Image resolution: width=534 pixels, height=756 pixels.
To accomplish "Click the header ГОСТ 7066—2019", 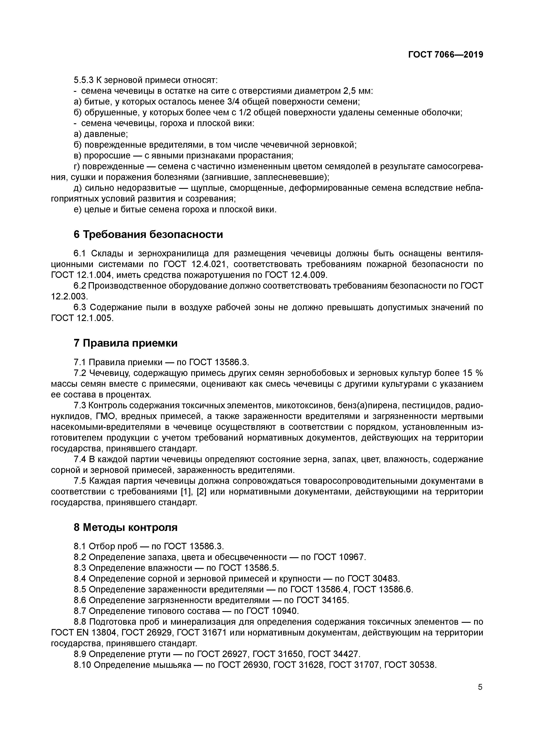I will coord(445,55).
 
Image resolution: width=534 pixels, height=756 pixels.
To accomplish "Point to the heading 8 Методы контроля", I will coord(125,527).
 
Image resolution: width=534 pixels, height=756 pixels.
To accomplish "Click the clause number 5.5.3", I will coord(84,80).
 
